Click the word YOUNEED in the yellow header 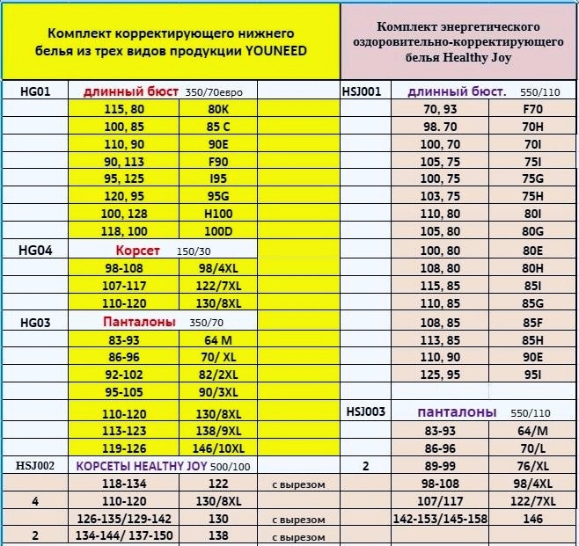point(276,52)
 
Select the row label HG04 point(36,251)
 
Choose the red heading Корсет point(138,251)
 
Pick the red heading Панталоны point(140,322)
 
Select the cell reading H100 point(219,214)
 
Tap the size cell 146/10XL point(219,448)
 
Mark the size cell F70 point(531,109)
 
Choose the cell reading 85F point(531,322)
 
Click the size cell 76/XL point(531,465)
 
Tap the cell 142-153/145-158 point(441,519)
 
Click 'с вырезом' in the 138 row point(299,536)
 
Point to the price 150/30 point(194,251)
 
